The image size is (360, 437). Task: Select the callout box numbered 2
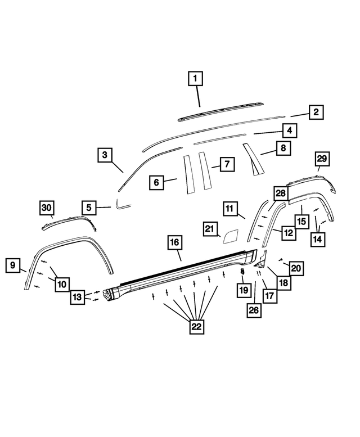click(316, 112)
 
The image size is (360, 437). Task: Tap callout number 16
click(174, 244)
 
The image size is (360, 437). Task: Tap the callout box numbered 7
click(226, 164)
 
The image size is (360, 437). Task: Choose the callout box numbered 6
click(157, 182)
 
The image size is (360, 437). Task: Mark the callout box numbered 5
click(88, 208)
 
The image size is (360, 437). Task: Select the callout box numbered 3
click(105, 155)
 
